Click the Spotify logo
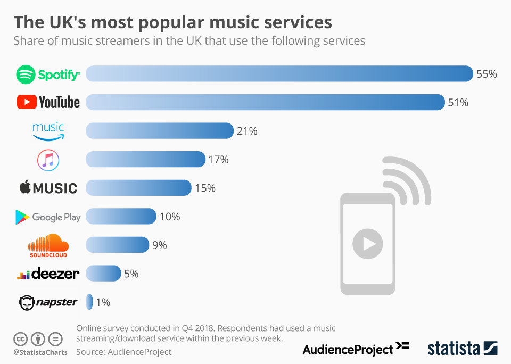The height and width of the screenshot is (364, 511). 48,74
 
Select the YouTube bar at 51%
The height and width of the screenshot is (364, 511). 265,102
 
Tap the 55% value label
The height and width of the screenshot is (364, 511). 487,74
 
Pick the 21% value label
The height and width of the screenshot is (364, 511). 247,131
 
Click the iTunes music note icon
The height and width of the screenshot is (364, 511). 48,160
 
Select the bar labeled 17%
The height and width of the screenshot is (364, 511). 145,160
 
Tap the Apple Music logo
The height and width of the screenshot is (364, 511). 48,188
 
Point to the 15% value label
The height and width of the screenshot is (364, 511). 205,188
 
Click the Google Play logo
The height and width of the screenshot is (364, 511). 48,217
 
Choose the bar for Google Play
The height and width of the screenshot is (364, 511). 121,217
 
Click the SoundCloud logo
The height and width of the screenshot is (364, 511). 48,245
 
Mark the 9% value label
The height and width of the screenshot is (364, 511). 160,245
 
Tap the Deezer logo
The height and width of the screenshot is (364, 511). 48,274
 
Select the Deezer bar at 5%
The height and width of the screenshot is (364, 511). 103,274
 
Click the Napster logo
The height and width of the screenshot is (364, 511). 48,302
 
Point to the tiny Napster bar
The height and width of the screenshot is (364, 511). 89,302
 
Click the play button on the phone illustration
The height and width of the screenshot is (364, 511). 367,244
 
